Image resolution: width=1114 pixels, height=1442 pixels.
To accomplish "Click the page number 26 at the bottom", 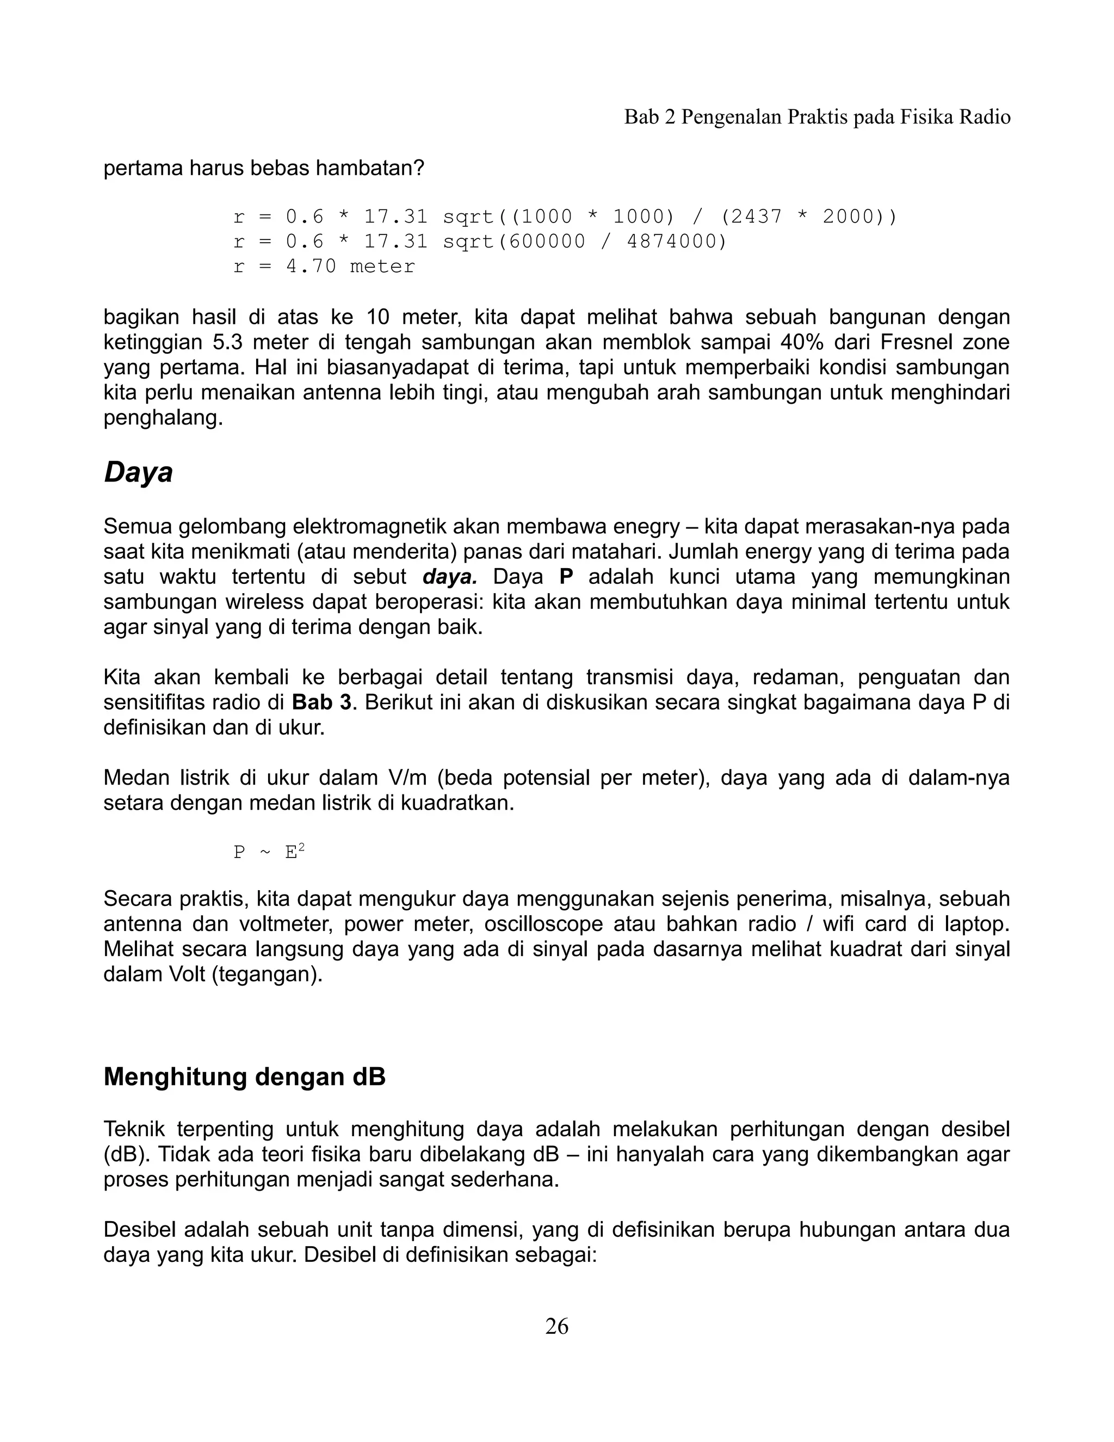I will (556, 1326).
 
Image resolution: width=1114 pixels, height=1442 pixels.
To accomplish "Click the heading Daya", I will (138, 473).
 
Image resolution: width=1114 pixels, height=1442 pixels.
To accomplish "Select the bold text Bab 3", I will (321, 702).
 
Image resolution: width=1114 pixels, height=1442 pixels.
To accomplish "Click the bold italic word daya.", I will (449, 577).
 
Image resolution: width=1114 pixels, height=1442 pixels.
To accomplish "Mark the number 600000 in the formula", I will (547, 242).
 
